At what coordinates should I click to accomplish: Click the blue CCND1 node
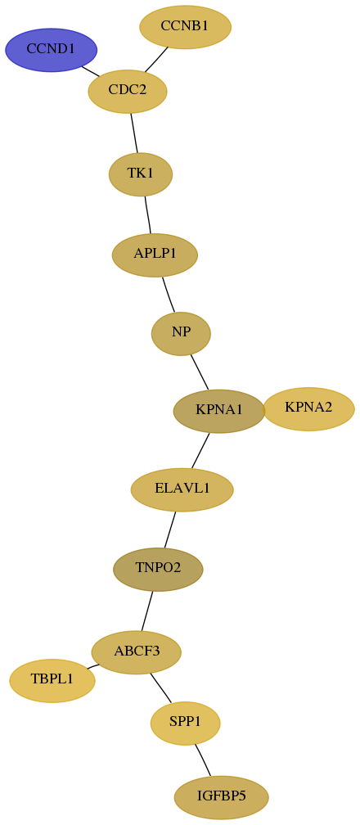coord(51,50)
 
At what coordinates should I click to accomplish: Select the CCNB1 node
coord(185,27)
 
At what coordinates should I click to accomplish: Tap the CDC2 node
coord(128,91)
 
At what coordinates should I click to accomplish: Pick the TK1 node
coord(141,174)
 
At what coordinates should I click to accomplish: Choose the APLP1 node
coord(155,255)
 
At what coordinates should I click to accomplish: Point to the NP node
coord(181,333)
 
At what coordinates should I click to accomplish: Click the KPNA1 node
coord(219,411)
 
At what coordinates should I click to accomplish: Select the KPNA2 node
coord(308,409)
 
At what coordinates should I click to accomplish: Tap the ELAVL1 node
coord(182,489)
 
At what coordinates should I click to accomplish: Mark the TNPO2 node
coord(158,570)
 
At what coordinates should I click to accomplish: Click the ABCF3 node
coord(137,652)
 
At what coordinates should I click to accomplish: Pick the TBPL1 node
coord(52,680)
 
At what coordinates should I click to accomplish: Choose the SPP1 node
coord(185,724)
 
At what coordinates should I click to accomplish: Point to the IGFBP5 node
coord(222,798)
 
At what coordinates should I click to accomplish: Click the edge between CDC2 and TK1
coord(133,133)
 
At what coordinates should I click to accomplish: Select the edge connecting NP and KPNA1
coord(200,372)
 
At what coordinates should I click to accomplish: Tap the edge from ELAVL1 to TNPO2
coord(169,530)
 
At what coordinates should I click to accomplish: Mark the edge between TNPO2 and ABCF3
coord(146,611)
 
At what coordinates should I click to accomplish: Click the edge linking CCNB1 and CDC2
coord(156,60)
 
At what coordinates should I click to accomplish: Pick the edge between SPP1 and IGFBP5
coord(203,760)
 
